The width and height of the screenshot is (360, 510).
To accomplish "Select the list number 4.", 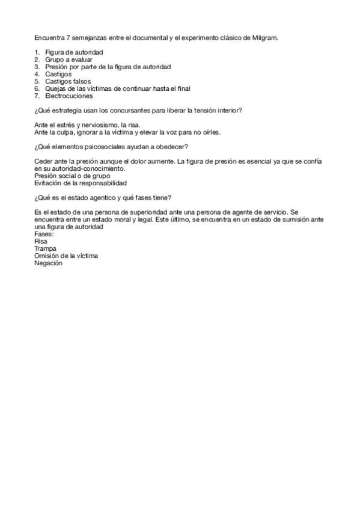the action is point(37,74).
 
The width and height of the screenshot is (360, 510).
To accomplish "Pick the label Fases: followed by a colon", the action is point(44,233).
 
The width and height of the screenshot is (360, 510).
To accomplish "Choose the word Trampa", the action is point(46,248).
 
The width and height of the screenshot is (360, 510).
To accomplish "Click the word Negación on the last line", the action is point(49,262).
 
